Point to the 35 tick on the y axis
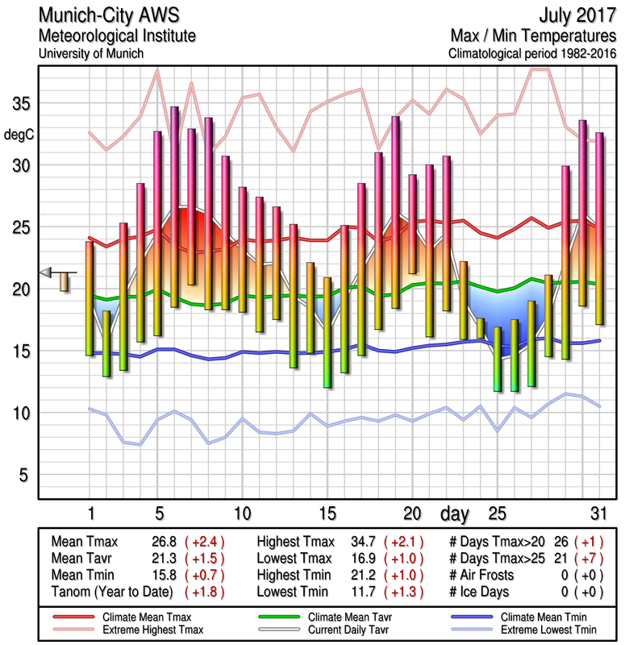23,105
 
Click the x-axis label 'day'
456,513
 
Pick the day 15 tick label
327,514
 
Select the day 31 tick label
598,514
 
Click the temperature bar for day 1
90,298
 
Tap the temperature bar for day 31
599,228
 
